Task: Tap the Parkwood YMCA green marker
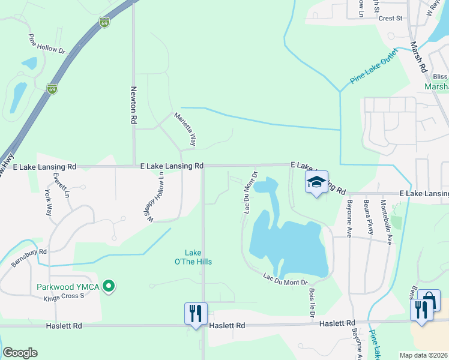click(x=109, y=287)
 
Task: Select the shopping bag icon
click(x=429, y=300)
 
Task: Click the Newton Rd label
click(x=134, y=104)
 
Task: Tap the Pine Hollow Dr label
click(x=46, y=43)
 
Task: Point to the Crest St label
click(x=390, y=19)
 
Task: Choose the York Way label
click(x=48, y=205)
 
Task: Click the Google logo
click(x=20, y=353)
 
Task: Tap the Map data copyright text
click(x=423, y=355)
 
